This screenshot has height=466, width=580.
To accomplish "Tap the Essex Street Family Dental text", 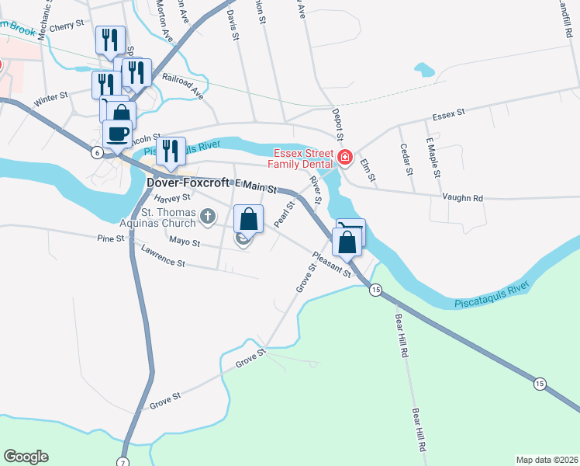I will [299, 158].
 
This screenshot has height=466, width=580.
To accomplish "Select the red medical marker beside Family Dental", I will [346, 161].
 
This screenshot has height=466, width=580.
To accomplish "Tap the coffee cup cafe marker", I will [119, 133].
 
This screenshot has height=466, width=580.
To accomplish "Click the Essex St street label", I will [448, 113].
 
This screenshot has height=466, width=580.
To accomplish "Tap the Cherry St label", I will [68, 25].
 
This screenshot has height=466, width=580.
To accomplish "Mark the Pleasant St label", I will [333, 263].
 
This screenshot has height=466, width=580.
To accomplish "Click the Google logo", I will [26, 456].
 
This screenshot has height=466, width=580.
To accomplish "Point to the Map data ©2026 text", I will [546, 459].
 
